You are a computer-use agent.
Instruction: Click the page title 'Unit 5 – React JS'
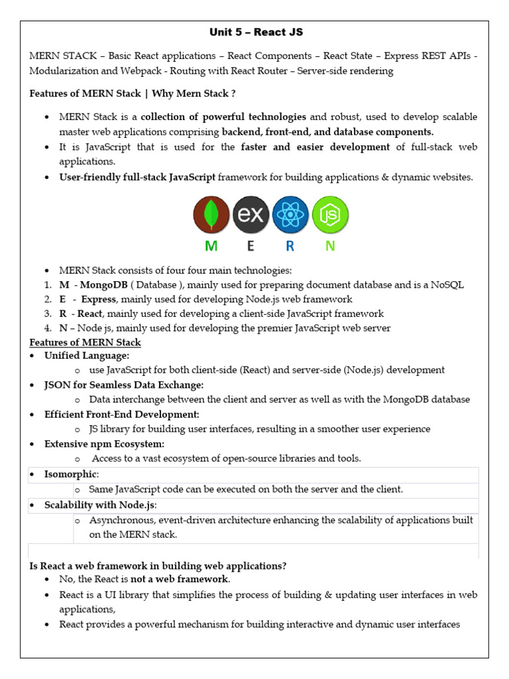click(256, 32)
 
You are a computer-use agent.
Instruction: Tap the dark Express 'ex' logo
click(251, 215)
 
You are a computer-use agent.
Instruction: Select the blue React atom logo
click(290, 215)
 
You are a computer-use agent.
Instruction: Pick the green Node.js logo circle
click(330, 215)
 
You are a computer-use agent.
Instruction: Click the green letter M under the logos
click(211, 247)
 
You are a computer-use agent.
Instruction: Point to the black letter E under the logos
click(251, 247)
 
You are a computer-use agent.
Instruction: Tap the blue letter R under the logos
click(290, 247)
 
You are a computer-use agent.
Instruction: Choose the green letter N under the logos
click(329, 247)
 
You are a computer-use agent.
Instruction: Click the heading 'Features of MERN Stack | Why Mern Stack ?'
click(133, 93)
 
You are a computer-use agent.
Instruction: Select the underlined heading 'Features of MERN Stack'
click(85, 342)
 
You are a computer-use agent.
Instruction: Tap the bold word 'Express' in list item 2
click(98, 299)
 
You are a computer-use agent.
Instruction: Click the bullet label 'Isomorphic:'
click(71, 475)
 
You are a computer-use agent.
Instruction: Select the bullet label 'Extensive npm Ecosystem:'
click(104, 444)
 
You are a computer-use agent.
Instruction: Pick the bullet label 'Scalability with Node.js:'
click(100, 505)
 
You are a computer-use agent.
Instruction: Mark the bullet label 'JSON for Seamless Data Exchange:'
click(124, 385)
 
